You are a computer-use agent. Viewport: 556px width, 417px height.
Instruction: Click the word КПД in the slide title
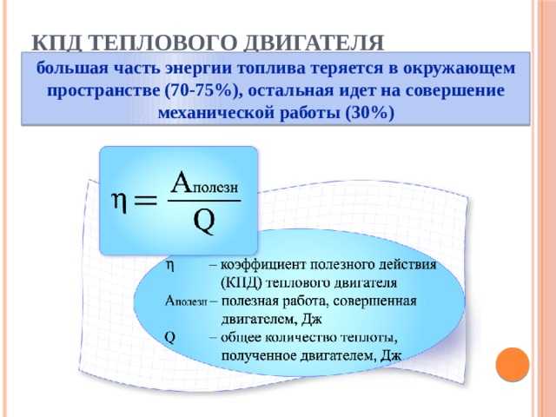55,43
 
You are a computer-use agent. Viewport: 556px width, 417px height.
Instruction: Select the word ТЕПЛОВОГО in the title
160,43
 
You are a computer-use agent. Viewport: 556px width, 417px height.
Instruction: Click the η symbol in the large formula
120,202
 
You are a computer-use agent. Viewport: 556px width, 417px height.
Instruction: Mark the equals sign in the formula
144,201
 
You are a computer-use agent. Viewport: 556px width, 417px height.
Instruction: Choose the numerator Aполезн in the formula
204,182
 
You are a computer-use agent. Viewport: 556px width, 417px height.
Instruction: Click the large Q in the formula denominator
205,221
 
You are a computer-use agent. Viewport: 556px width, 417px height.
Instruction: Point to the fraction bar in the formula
204,201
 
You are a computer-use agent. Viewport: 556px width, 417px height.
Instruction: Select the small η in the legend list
170,266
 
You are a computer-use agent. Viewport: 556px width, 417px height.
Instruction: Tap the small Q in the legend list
170,337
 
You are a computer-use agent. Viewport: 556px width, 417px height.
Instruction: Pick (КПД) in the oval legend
242,283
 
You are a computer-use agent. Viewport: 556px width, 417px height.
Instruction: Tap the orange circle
513,365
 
